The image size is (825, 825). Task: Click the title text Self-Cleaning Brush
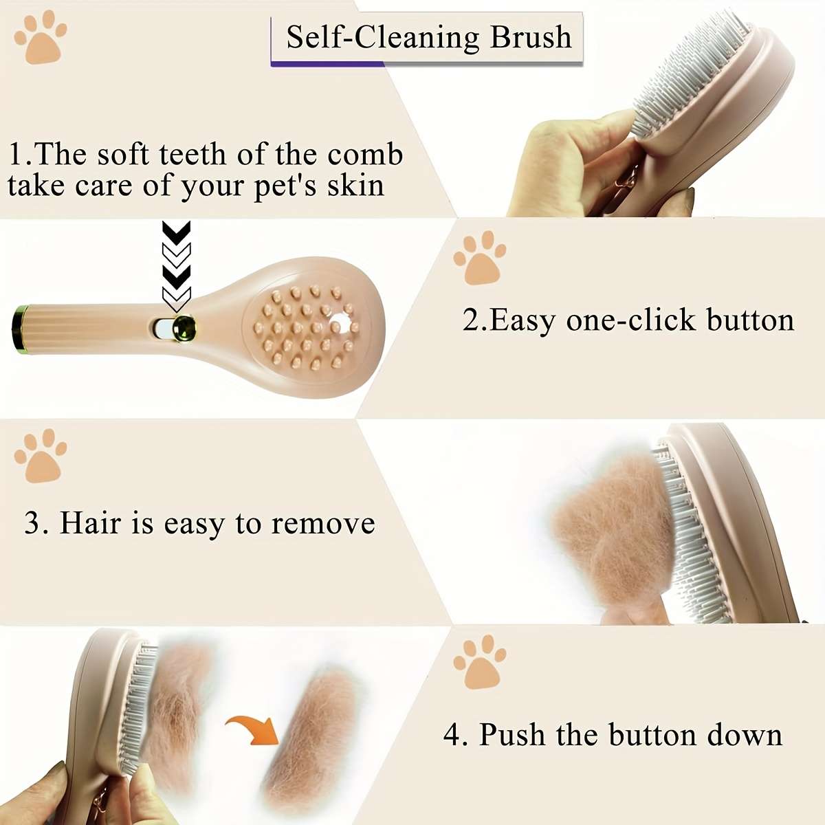point(428,37)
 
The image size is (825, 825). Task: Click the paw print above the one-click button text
point(479,258)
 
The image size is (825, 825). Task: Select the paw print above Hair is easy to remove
point(41,455)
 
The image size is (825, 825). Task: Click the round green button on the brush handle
point(184,327)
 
